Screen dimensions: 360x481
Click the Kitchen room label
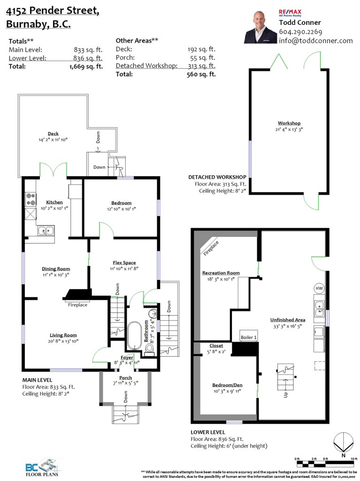point(54,202)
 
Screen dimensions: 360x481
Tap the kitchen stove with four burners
point(31,199)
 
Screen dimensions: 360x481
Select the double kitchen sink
point(46,231)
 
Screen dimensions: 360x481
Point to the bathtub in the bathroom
point(134,335)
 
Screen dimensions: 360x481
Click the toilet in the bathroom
point(149,349)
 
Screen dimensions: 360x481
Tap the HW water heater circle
point(319,288)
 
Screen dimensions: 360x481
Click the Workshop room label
point(289,123)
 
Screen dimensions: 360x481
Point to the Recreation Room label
point(221,273)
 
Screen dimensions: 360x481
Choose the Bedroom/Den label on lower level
point(227,385)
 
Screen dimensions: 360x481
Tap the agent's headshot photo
point(260,27)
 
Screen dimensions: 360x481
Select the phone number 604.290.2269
point(300,31)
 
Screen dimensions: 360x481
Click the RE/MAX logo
point(290,13)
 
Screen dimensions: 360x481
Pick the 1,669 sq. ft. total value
point(86,66)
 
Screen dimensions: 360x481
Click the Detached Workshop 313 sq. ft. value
point(201,66)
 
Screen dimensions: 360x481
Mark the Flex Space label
point(124,263)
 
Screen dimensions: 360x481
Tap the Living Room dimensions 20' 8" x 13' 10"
point(63,341)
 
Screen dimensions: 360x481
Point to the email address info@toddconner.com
point(316,41)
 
